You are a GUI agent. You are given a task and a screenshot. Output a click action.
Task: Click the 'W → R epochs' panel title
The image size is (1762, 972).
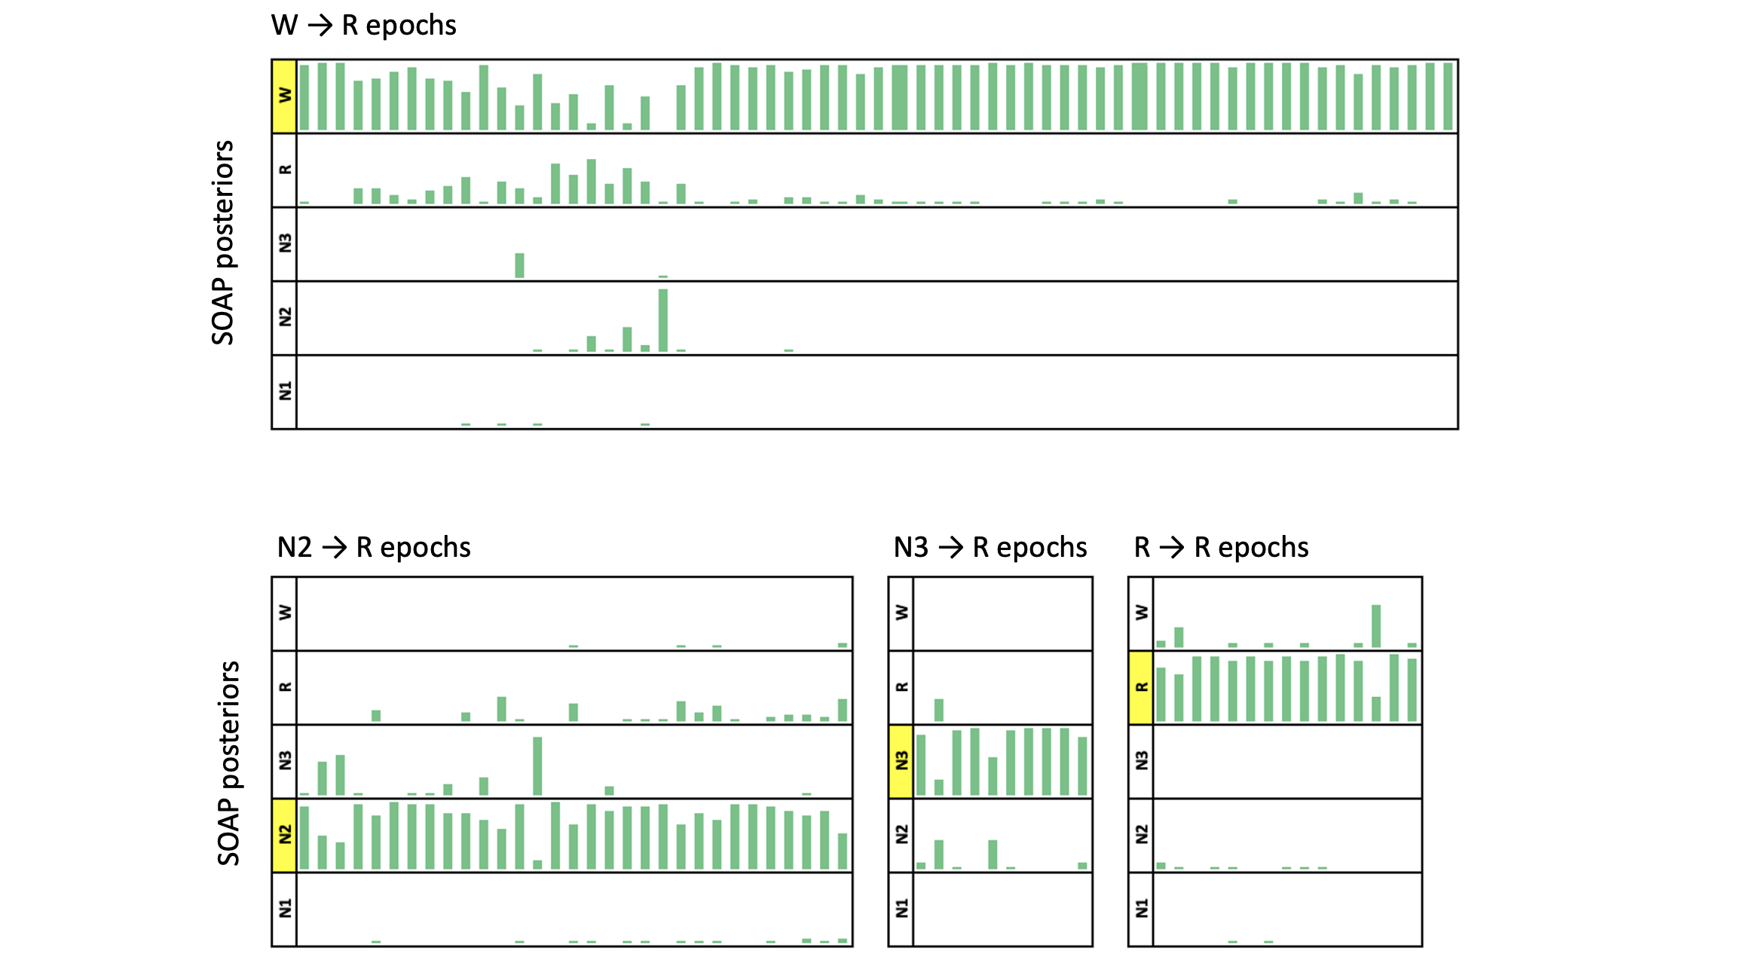363,26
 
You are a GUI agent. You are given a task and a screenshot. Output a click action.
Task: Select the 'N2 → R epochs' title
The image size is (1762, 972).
374,547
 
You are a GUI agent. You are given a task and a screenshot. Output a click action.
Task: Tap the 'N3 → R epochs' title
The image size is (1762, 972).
990,547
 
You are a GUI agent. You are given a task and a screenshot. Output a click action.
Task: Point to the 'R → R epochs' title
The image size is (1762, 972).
1221,547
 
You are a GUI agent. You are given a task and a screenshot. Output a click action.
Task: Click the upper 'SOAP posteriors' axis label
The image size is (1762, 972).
223,243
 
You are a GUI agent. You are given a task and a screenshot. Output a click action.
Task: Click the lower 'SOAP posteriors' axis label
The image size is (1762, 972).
228,763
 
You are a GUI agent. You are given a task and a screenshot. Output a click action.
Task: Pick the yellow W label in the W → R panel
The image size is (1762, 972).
284,96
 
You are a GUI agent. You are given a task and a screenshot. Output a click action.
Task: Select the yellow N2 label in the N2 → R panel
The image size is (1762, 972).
284,835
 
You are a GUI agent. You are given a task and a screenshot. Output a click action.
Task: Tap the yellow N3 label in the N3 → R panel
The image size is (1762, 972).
901,761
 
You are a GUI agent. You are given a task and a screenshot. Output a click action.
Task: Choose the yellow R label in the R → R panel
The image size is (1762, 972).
1141,687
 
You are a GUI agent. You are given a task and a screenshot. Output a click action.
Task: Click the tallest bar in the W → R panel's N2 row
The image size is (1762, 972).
663,320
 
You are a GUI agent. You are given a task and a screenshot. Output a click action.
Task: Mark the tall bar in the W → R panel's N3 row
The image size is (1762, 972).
520,265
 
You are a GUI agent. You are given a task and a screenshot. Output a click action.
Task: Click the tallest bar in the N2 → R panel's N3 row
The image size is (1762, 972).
537,766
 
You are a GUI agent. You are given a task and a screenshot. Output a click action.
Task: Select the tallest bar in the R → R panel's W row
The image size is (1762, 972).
1376,626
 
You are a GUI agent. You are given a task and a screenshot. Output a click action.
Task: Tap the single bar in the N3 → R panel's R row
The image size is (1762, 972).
938,710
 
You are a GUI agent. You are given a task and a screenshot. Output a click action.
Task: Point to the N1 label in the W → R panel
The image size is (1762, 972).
284,391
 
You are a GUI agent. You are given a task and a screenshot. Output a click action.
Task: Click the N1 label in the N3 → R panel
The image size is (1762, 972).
901,909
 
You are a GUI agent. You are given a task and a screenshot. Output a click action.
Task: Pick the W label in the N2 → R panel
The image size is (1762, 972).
284,613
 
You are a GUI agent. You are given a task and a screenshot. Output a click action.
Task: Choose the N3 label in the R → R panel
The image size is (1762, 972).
1141,761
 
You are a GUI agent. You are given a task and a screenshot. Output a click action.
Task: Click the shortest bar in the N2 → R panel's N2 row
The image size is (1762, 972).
537,864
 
